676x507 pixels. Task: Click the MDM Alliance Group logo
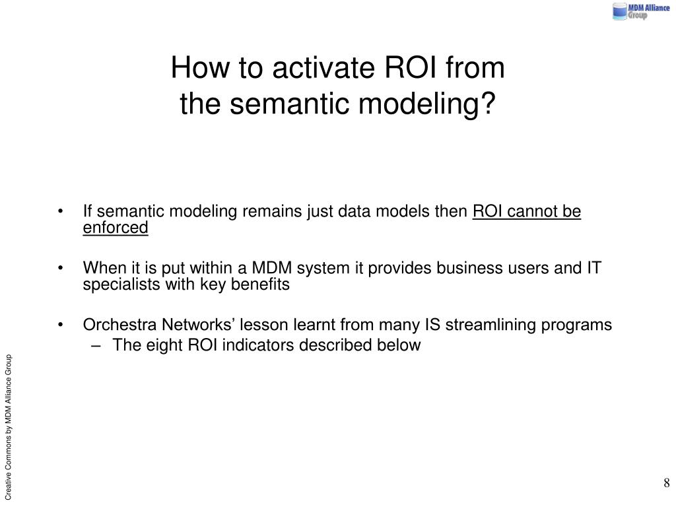tap(640, 11)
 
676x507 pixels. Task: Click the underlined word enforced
tap(116, 228)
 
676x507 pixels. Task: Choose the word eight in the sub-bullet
tap(158, 345)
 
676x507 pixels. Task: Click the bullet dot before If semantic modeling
tap(61, 212)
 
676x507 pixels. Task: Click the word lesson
tap(261, 325)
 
